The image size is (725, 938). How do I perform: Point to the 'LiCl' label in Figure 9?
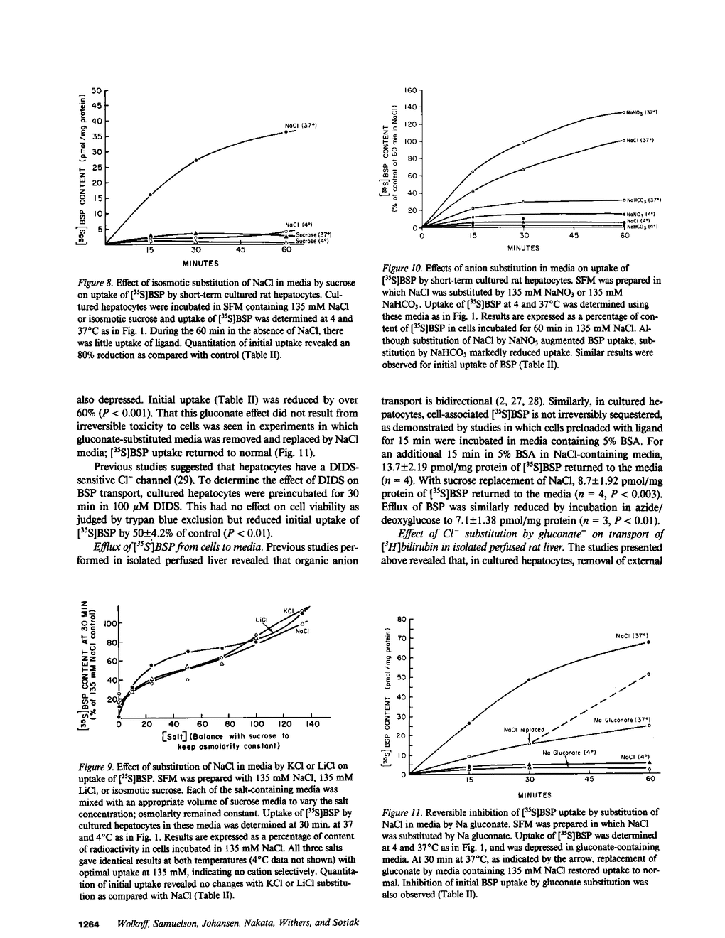[x=260, y=619]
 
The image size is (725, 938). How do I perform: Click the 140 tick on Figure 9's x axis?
[x=311, y=725]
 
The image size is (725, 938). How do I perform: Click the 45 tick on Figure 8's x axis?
[x=240, y=250]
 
